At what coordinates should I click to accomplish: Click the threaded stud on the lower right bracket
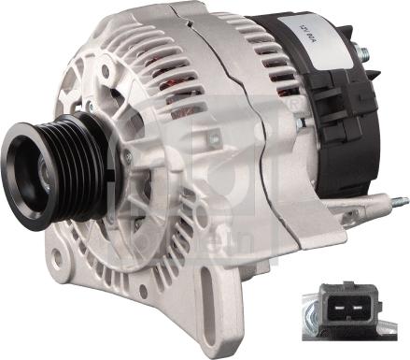pyautogui.click(x=397, y=200)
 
